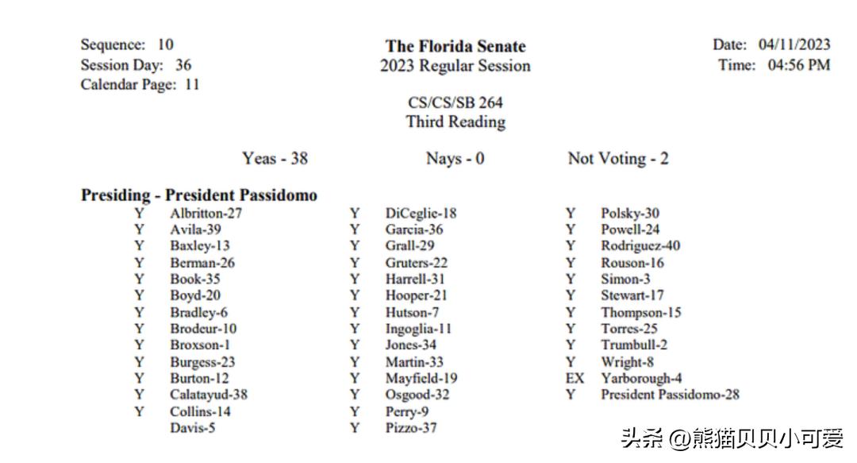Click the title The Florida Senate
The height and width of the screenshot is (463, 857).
(455, 46)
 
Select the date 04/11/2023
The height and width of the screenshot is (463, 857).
(794, 44)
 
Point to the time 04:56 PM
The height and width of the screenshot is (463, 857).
(798, 65)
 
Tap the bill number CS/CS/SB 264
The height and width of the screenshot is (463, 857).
(455, 102)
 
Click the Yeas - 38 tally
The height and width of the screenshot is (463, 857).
(275, 159)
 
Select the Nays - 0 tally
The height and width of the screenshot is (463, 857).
(455, 159)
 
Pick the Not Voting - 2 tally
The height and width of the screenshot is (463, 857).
(617, 159)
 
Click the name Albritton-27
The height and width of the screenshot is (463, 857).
(206, 214)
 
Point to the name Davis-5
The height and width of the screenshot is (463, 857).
(192, 428)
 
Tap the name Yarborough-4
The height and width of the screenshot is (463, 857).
(640, 378)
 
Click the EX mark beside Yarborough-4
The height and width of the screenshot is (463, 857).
(574, 378)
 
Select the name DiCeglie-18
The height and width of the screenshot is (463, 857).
(421, 214)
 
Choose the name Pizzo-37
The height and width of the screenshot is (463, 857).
(411, 428)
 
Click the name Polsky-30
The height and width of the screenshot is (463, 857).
(629, 214)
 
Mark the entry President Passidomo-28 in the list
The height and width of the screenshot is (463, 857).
(670, 395)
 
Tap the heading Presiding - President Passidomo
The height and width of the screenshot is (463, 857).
(198, 195)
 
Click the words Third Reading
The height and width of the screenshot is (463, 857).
(455, 122)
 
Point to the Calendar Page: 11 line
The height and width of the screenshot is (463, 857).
(140, 84)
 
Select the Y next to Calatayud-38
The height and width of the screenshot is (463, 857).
(140, 395)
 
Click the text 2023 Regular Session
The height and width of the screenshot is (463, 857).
(455, 66)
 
